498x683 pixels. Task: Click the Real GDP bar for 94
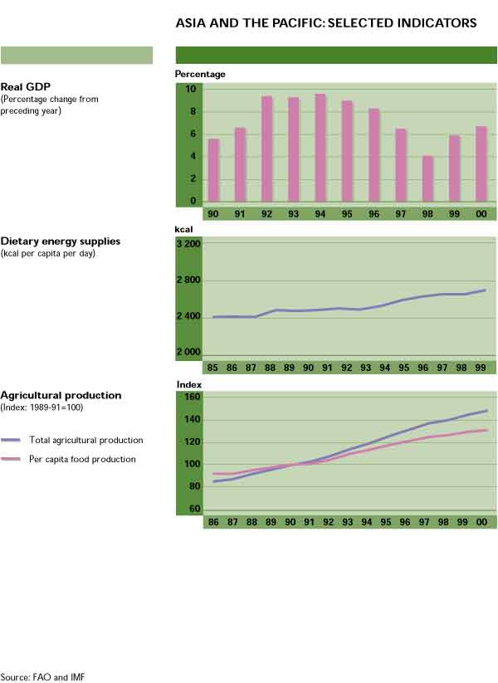[320, 148]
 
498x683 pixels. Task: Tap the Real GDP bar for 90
[213, 170]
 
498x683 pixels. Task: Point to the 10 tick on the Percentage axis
[190, 89]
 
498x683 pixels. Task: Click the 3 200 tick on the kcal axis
[188, 244]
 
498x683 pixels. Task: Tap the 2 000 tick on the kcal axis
[188, 352]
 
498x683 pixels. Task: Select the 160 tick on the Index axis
[192, 397]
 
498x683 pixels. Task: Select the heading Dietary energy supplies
[61, 241]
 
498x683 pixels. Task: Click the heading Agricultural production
[61, 396]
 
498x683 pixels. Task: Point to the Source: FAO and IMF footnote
[42, 677]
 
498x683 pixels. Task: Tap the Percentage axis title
[199, 74]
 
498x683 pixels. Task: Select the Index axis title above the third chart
[189, 384]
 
